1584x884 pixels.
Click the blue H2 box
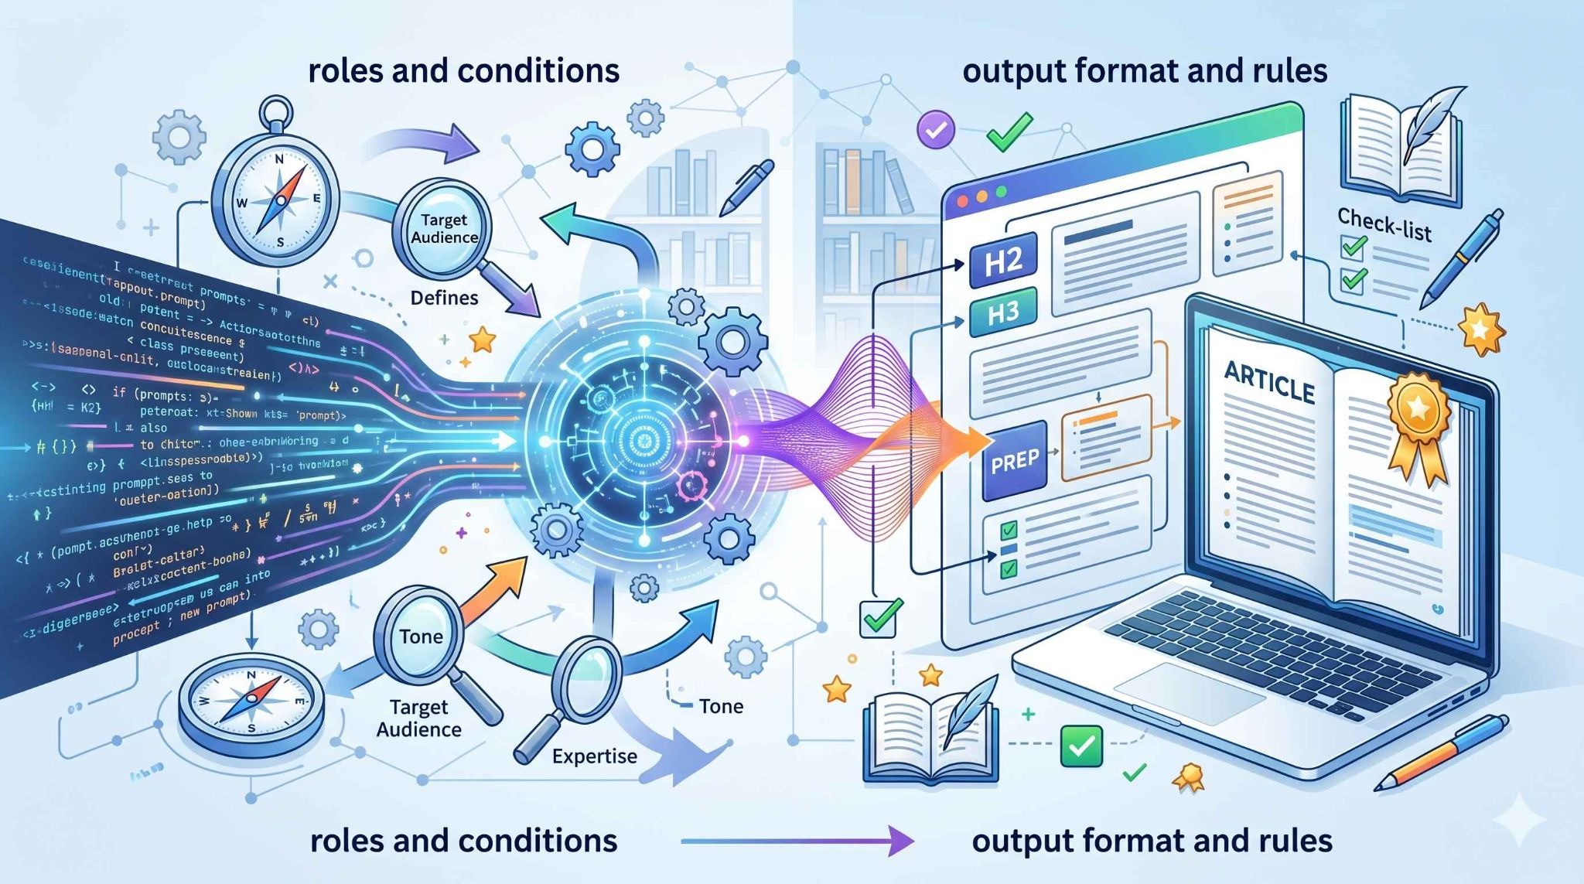click(x=1003, y=262)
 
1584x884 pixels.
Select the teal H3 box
click(x=1002, y=312)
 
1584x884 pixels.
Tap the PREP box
click(x=1014, y=461)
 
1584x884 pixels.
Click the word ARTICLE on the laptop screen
click(x=1269, y=381)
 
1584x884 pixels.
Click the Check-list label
click(x=1384, y=225)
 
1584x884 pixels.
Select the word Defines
click(x=444, y=298)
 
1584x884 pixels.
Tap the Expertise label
click(x=594, y=756)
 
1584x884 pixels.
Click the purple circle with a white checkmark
click(x=936, y=130)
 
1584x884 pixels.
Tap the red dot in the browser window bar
click(x=963, y=200)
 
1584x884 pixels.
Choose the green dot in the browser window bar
click(x=1002, y=191)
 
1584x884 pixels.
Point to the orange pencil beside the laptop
click(x=1442, y=751)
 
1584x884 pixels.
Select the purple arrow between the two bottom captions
click(x=797, y=840)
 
